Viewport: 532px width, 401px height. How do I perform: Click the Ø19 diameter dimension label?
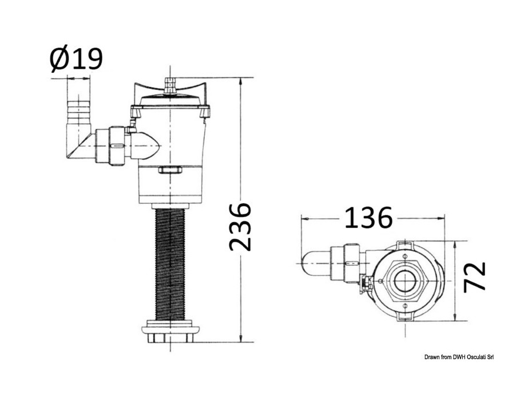[76, 59]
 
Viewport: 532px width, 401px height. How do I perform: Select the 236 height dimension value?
[240, 227]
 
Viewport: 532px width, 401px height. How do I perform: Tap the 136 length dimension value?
[368, 218]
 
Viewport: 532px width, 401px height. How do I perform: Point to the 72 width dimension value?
[475, 276]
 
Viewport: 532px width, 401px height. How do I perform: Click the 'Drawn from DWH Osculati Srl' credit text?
[459, 357]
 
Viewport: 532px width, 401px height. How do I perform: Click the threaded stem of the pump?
[170, 264]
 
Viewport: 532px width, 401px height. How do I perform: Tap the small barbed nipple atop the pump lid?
[170, 85]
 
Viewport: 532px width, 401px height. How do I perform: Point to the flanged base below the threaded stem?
[170, 331]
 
